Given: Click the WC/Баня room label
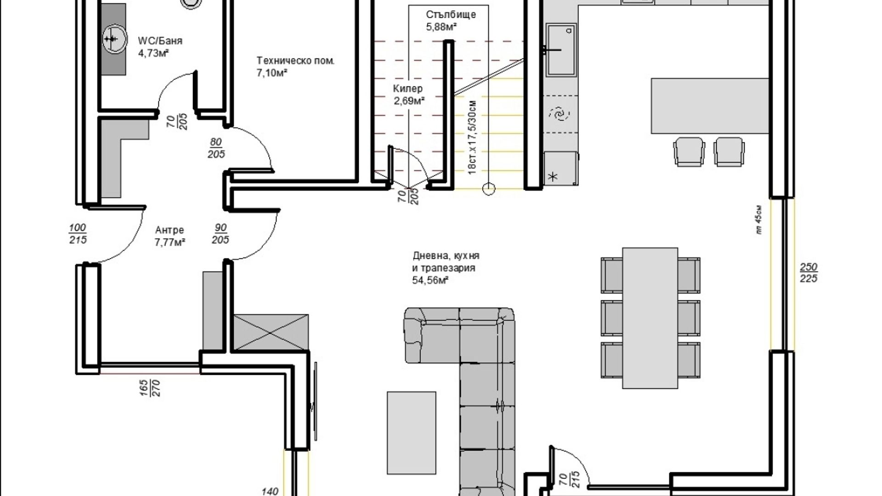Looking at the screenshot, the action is click(x=160, y=41).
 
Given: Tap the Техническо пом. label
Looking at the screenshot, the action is click(x=296, y=61).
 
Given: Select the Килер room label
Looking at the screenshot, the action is click(x=408, y=89).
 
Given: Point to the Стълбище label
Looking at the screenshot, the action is click(x=451, y=15).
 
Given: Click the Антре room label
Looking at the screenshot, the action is click(x=170, y=230).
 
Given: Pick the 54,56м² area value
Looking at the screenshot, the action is click(x=430, y=280).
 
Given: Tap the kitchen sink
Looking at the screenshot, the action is click(x=560, y=49).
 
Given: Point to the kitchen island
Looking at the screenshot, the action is click(x=710, y=105).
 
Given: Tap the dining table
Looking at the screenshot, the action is click(x=650, y=318).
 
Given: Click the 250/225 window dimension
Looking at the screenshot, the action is click(x=808, y=273).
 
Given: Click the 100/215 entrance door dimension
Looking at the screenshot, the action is click(x=78, y=234).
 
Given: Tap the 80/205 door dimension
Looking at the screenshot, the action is click(x=216, y=148).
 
